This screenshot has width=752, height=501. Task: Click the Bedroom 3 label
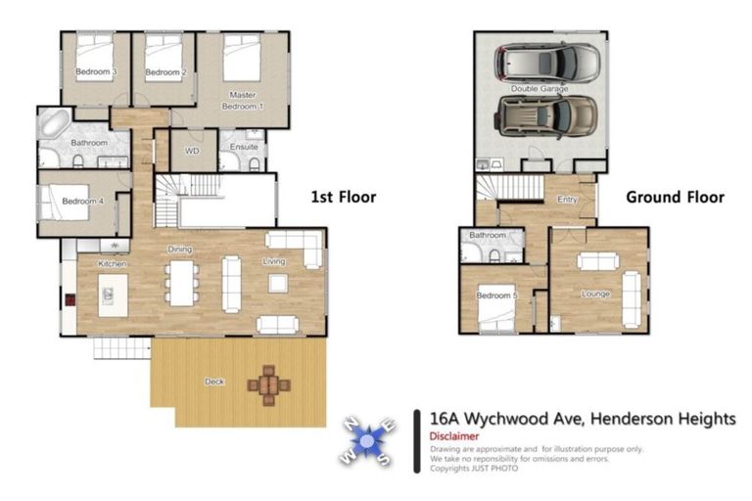coord(97,72)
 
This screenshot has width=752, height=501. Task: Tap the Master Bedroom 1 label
coord(242,100)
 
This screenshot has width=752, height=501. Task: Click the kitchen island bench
coord(114,295)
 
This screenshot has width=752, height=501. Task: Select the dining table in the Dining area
coord(181,281)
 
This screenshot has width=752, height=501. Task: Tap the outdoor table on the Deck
coord(268,384)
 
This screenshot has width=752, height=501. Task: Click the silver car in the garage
coord(547,64)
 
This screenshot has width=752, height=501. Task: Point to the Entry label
coord(567,200)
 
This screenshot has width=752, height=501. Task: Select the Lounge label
coord(595,294)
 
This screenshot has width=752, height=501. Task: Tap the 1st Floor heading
coord(343,197)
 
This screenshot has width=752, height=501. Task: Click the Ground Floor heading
coord(675,197)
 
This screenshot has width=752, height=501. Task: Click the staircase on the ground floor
coord(510,188)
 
